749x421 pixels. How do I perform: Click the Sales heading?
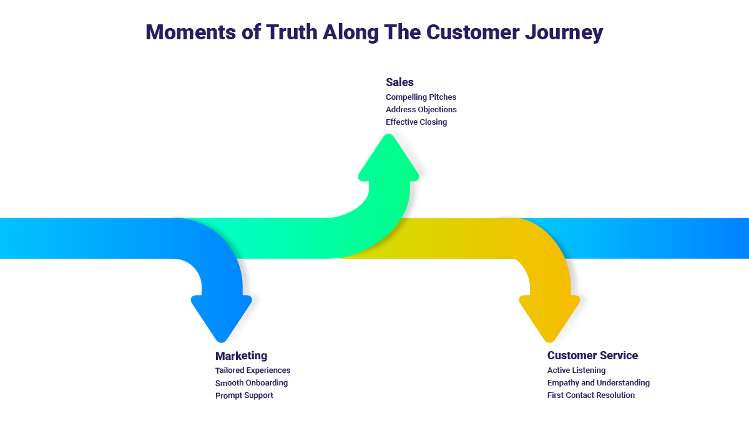(399, 82)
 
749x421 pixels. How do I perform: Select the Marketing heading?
(241, 356)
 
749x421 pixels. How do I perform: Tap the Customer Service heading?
(592, 356)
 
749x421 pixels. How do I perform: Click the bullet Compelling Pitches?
(421, 97)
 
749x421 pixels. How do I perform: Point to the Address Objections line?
(421, 110)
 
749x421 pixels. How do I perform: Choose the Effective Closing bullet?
(416, 122)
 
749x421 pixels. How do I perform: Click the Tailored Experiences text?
(253, 370)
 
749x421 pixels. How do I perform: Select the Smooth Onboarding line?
(252, 383)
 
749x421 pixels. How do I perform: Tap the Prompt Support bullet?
(244, 395)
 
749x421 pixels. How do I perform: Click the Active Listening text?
(576, 370)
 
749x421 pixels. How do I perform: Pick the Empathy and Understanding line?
(598, 383)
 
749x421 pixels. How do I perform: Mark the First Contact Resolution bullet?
(590, 395)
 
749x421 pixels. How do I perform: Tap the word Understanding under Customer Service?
(623, 383)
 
